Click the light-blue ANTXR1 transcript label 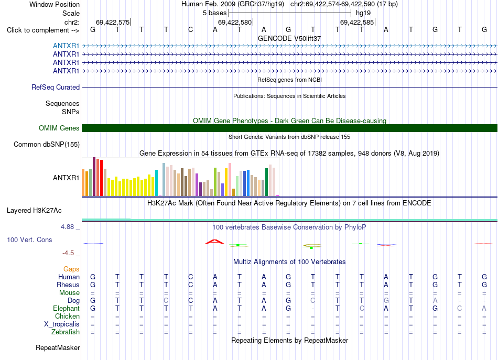click(66, 46)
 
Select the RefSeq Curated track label click(56, 88)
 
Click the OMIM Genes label click(59, 128)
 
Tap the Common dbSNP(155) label click(47, 145)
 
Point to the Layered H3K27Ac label click(34, 211)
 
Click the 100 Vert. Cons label click(29, 239)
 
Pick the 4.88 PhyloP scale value click(67, 227)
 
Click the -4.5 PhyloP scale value click(68, 253)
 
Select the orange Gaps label click(71, 269)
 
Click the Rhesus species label click(68, 285)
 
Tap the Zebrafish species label click(66, 332)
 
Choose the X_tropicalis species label click(62, 324)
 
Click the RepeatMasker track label click(58, 347)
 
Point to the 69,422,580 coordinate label click(235, 22)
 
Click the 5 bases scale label click(215, 13)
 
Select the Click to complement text click(38, 30)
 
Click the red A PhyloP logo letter click(215, 242)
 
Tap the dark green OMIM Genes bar click(290, 128)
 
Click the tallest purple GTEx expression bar click(94, 177)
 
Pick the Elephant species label click(67, 308)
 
